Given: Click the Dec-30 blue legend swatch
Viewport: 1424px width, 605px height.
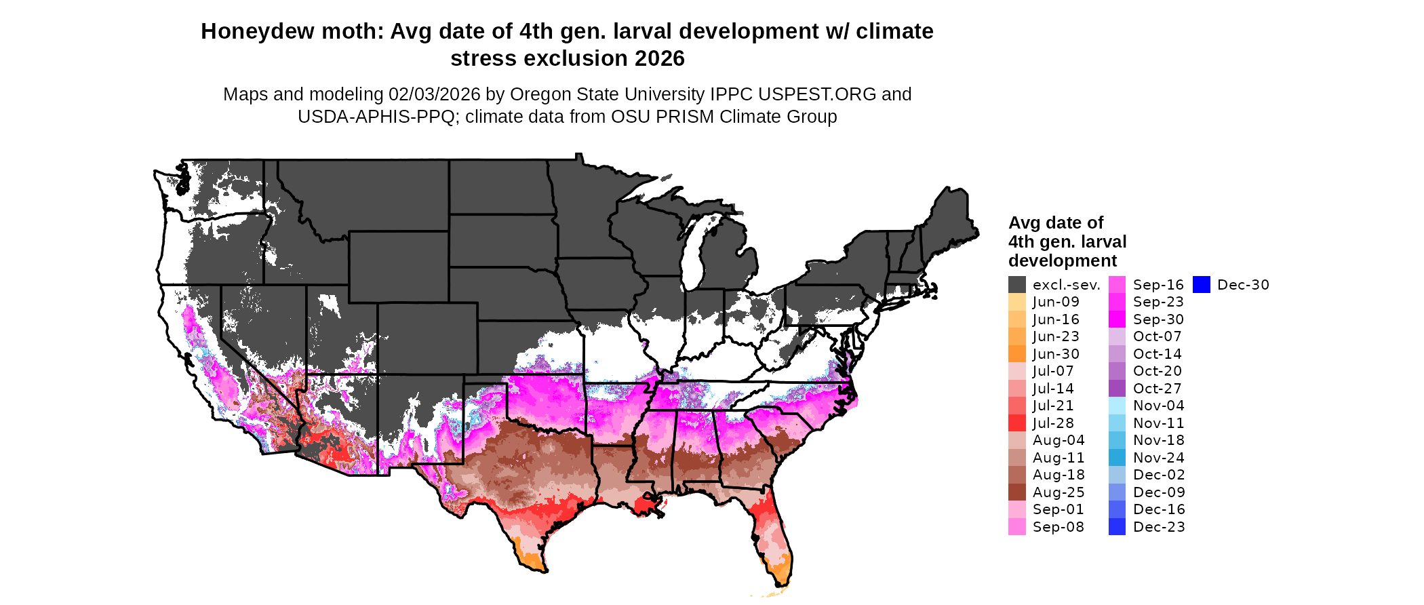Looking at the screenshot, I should pos(1201,285).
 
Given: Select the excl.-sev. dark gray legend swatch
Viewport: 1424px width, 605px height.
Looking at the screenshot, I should pos(1016,285).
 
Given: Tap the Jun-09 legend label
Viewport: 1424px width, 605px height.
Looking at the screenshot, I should pos(1056,302).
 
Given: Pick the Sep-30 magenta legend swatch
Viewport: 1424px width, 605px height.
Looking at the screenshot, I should pos(1117,319).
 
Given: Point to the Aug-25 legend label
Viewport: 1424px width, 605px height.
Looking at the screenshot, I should pos(1059,492).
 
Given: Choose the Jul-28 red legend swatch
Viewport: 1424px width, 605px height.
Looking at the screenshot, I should pos(1016,423).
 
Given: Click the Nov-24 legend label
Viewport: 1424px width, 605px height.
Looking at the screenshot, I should pos(1159,458).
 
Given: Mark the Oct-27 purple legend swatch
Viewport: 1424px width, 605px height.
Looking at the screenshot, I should pos(1117,389).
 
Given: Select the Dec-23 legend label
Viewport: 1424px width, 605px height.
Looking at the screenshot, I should pos(1159,527).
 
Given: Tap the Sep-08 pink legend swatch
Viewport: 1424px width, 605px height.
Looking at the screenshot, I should pos(1016,527).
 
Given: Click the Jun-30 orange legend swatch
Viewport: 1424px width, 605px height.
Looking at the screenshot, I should pos(1016,354).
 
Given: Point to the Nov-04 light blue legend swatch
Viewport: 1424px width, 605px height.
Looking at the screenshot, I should pos(1117,406).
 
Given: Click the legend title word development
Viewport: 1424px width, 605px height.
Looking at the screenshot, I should pos(1062,261).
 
